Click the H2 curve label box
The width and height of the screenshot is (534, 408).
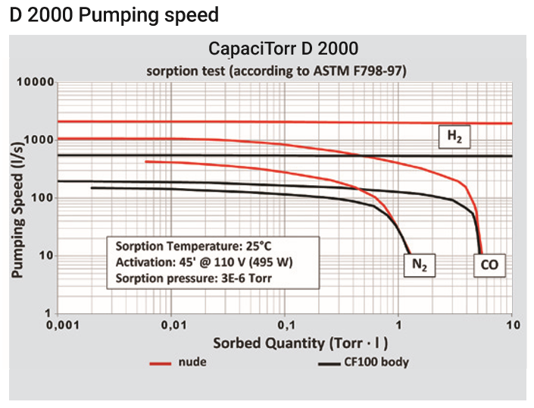point(454,137)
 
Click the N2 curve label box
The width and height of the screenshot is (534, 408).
point(418,265)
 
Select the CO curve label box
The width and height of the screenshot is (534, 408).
point(489,265)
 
